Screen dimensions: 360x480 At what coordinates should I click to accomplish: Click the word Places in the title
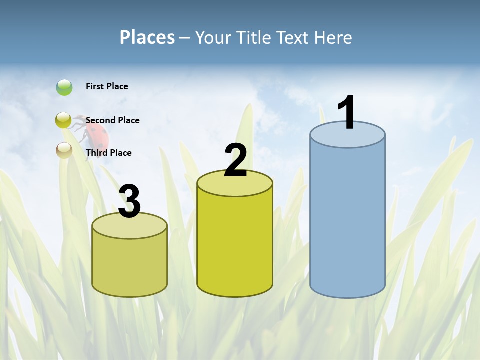(x=147, y=37)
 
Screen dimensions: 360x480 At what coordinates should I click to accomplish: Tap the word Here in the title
(x=334, y=37)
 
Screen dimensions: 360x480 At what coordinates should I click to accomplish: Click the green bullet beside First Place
(x=64, y=87)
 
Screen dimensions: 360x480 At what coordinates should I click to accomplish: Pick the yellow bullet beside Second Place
(x=64, y=120)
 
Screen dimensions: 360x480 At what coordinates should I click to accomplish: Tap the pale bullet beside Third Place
(x=64, y=150)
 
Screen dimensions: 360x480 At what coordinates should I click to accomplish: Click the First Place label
(x=107, y=86)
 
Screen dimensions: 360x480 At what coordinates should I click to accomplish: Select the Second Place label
(x=112, y=120)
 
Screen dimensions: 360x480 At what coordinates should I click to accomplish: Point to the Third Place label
(x=108, y=153)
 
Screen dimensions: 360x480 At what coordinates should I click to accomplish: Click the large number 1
(x=347, y=113)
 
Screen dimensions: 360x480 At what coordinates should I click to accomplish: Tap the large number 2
(x=235, y=160)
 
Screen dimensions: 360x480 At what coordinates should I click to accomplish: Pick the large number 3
(x=130, y=201)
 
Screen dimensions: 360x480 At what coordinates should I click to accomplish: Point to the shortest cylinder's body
(x=130, y=265)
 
